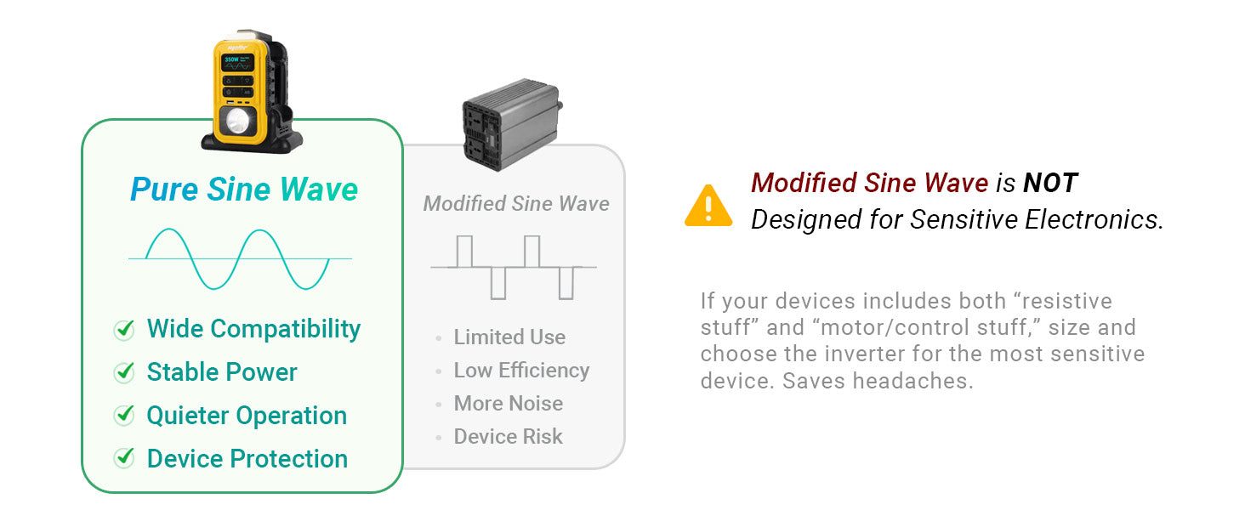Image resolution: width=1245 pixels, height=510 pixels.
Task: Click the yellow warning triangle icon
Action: [x=708, y=206]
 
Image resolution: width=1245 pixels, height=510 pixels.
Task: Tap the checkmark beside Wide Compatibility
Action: [x=124, y=330]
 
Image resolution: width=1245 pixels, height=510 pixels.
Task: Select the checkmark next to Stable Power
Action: [x=124, y=372]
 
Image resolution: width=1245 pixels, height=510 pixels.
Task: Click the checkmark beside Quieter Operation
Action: [x=124, y=415]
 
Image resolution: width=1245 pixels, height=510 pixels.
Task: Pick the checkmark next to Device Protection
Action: [x=124, y=458]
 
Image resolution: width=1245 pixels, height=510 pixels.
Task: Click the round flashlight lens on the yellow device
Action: [x=237, y=121]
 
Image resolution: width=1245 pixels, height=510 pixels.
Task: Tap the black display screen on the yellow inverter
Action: [x=238, y=63]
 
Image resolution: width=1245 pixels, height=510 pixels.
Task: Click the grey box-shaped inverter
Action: [x=512, y=124]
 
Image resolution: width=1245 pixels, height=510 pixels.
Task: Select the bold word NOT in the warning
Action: [x=1050, y=183]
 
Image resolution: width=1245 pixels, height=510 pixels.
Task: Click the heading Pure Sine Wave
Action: [x=244, y=190]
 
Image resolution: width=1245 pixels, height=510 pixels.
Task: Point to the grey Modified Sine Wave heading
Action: [x=516, y=204]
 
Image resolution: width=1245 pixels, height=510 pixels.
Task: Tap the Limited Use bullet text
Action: [x=509, y=337]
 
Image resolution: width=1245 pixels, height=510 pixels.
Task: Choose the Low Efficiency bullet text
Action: [x=521, y=371]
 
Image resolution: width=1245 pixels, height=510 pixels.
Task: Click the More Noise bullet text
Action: [x=508, y=404]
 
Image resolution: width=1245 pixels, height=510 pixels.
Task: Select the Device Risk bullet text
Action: [x=508, y=437]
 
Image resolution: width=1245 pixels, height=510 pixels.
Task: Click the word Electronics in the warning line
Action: [x=1094, y=219]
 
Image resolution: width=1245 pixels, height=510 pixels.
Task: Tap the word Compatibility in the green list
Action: [x=285, y=330]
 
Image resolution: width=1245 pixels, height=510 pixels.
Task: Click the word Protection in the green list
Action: [x=289, y=459]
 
